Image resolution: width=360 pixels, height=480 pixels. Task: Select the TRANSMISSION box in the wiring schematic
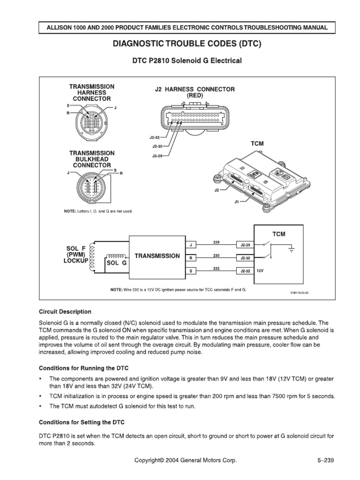tap(157, 256)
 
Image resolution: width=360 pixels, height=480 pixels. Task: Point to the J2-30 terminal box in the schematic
tap(246, 258)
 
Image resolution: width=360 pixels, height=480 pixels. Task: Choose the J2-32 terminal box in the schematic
tap(246, 270)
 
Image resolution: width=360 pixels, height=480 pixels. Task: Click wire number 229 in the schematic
tap(217, 242)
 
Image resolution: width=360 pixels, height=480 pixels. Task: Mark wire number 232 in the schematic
tap(217, 268)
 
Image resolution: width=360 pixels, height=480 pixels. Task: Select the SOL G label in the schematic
tap(117, 263)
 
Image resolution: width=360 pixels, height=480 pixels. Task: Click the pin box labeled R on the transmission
tap(191, 258)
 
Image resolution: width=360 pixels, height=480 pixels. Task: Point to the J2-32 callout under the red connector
tap(155, 138)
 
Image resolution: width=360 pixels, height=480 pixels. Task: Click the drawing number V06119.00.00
tap(301, 292)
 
